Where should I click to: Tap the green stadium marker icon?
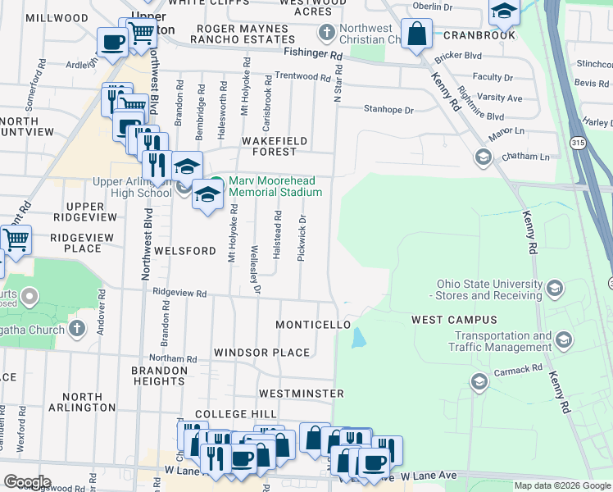tap(216, 181)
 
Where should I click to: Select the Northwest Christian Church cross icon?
tap(326, 33)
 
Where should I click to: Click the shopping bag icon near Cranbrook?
tap(417, 34)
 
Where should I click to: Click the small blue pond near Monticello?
tap(359, 337)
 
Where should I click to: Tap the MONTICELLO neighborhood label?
tap(313, 325)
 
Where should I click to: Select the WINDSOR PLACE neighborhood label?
tap(261, 353)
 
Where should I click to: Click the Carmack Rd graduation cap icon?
tap(479, 380)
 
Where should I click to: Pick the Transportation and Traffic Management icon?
tap(563, 339)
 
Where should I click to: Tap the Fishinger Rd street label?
tap(312, 54)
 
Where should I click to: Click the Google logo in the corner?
tap(27, 481)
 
